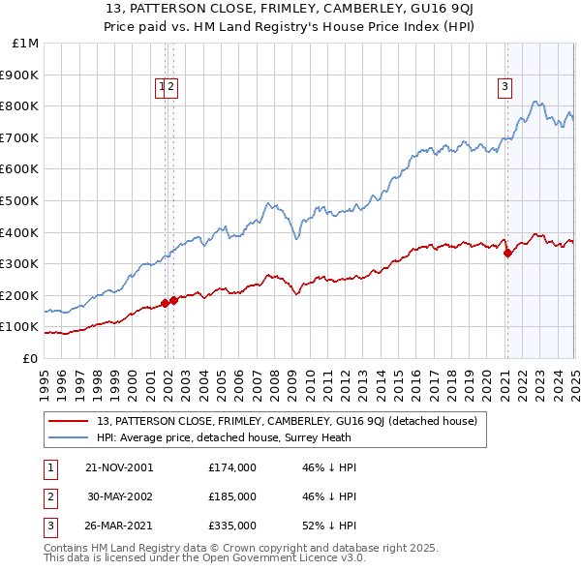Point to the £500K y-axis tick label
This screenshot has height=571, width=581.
pos(19,201)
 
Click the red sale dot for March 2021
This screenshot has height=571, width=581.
pos(507,254)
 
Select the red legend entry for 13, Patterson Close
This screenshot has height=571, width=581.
pos(288,422)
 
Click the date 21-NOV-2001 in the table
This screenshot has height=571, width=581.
pos(120,467)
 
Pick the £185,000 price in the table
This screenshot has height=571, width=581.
pos(232,496)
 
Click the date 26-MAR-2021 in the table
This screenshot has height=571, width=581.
pos(120,526)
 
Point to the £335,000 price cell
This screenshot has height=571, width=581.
pos(232,526)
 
